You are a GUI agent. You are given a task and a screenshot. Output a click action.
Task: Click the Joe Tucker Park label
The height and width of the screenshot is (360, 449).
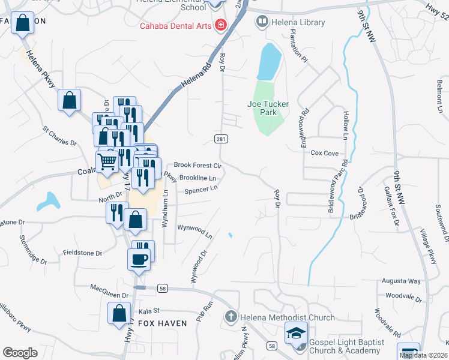tap(268, 108)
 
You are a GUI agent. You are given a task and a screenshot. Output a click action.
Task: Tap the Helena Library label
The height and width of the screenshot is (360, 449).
tap(298, 23)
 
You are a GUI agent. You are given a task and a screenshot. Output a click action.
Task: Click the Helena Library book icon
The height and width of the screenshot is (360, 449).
tap(262, 23)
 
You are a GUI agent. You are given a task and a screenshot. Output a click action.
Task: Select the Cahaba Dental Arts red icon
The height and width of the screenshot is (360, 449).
tap(221, 25)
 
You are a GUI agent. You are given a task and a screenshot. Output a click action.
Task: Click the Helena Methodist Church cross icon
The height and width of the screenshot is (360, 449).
tap(231, 316)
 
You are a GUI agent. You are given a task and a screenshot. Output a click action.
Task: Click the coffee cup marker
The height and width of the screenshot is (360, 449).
tap(139, 259)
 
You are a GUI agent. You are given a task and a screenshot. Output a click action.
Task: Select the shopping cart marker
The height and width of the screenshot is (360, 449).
tap(107, 161)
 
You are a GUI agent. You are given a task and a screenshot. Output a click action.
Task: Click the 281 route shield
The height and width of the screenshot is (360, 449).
tap(220, 139)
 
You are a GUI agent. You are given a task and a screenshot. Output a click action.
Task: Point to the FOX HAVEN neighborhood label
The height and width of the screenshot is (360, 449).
tap(163, 323)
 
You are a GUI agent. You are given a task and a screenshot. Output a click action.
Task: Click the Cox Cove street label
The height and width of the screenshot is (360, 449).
tap(324, 153)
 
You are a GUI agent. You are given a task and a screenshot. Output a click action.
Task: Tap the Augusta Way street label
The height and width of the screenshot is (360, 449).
tap(402, 281)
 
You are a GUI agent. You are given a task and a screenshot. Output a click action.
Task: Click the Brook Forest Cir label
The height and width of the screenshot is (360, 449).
tap(198, 165)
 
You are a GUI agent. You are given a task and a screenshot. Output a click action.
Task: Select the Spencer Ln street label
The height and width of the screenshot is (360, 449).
tap(200, 190)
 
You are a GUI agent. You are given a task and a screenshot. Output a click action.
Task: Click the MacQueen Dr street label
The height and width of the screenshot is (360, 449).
tap(109, 295)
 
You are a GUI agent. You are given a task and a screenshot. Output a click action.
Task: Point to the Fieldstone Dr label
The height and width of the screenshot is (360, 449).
tap(82, 253)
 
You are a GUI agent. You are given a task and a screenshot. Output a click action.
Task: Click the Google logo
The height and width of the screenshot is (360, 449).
tap(20, 352)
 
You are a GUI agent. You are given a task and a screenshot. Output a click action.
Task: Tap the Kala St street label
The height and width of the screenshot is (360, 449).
tap(148, 311)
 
